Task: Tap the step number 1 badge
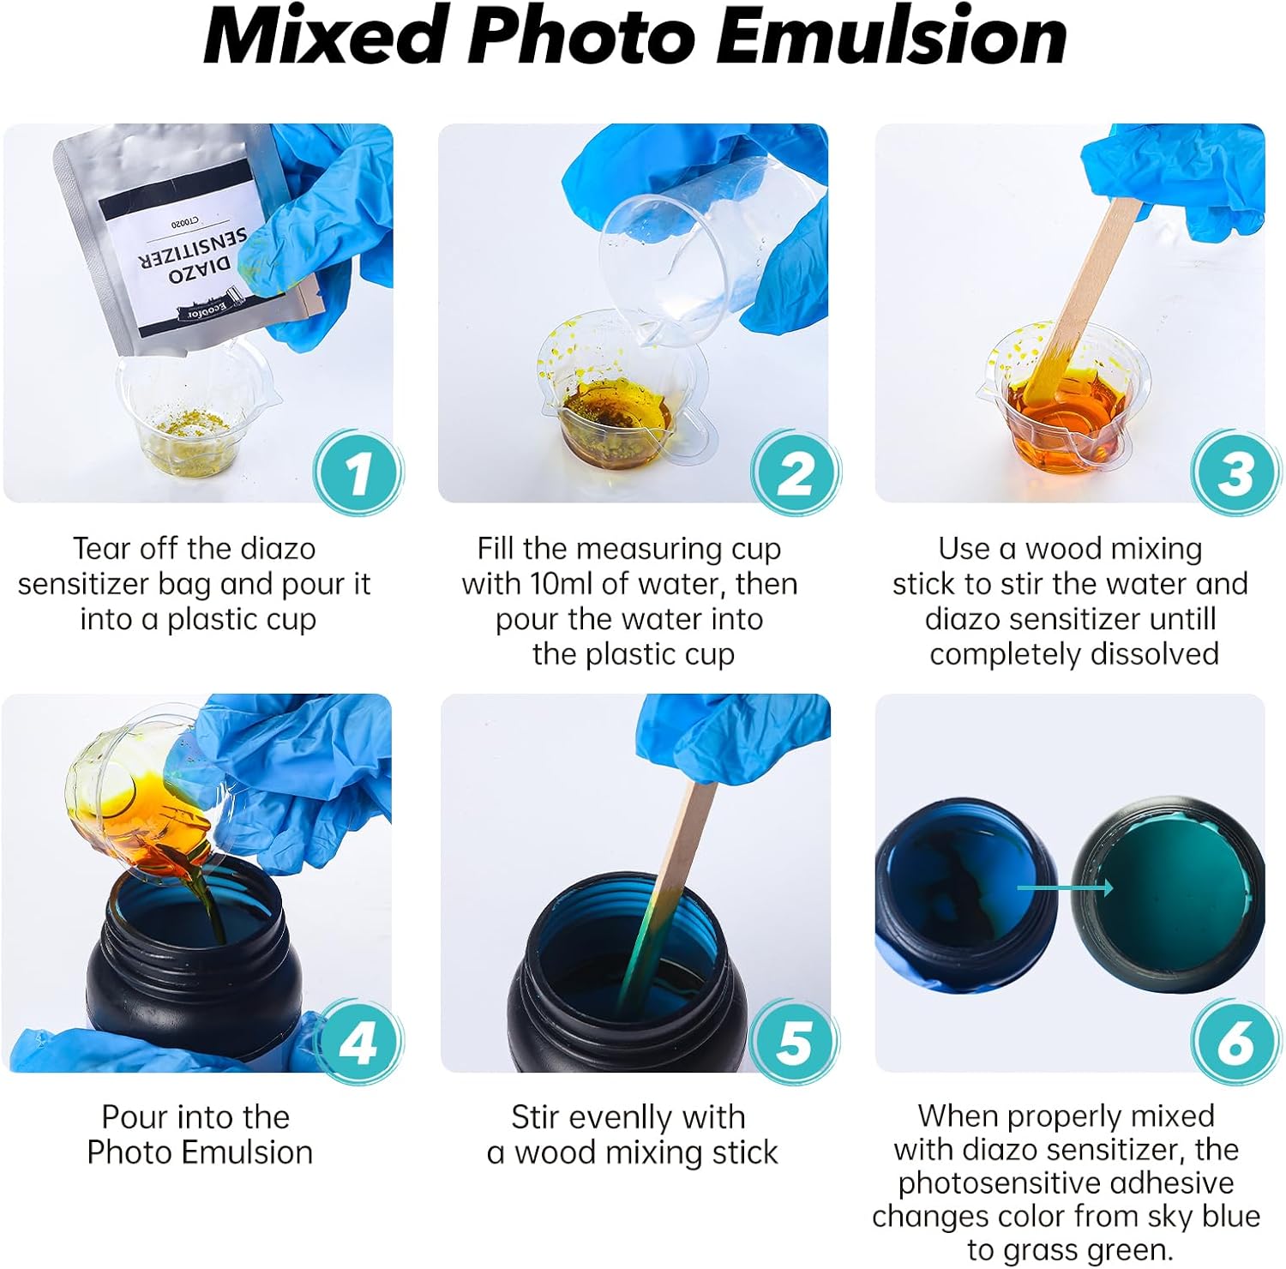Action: click(x=358, y=472)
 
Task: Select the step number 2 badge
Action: click(x=795, y=472)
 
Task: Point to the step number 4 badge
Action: click(x=358, y=1042)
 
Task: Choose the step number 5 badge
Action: click(x=795, y=1042)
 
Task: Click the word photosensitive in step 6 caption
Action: click(x=986, y=1184)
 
